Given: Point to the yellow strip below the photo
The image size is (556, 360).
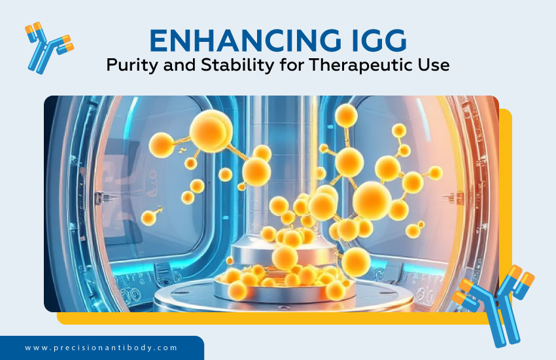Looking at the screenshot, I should [x=262, y=318].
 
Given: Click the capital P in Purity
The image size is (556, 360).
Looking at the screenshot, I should [x=112, y=67].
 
